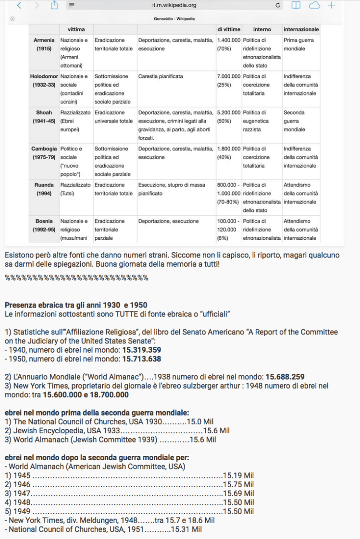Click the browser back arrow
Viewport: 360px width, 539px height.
pos(19,5)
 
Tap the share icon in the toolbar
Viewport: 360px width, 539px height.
pos(54,5)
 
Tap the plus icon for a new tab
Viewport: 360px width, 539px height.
pos(332,5)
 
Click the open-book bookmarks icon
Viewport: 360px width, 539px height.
pos(296,5)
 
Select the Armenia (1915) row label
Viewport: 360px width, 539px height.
pos(44,45)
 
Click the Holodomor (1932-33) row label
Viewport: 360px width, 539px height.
pos(44,81)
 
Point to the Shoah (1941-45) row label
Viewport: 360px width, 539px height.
pos(44,117)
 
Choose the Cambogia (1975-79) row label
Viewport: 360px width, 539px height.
pos(44,153)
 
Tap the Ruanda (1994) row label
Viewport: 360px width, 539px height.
pos(44,189)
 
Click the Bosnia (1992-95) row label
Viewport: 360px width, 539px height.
pos(44,225)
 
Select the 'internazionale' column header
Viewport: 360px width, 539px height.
pos(301,29)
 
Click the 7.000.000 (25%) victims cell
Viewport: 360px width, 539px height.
pos(229,81)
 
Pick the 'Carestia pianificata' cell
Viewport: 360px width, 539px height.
pos(161,76)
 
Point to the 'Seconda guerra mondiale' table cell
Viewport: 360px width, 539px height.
pos(294,121)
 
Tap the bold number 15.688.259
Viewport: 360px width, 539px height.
pos(285,377)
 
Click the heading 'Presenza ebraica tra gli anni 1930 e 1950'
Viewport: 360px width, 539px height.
pos(76,305)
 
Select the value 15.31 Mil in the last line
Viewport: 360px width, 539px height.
pos(186,529)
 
